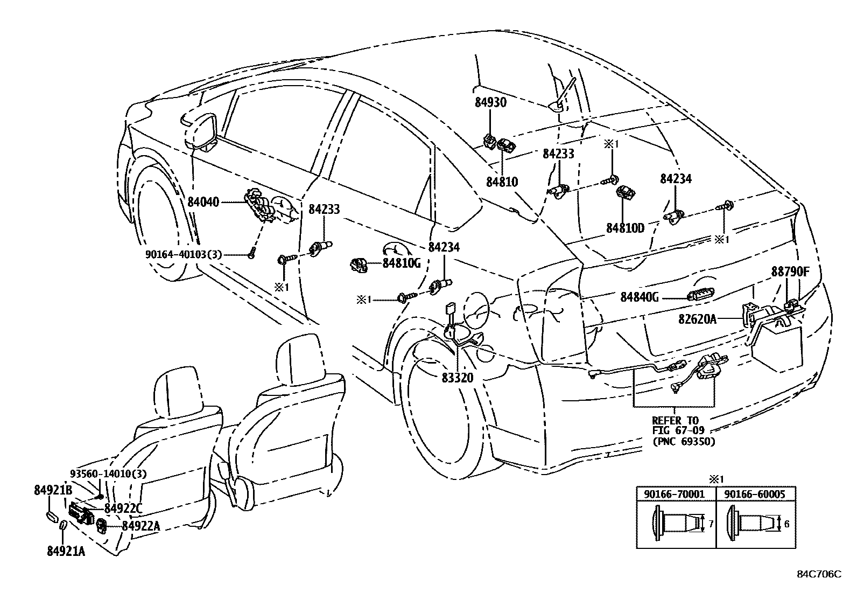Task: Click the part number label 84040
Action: tap(203, 202)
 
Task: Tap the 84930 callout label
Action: tap(490, 102)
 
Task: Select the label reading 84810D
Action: tap(625, 228)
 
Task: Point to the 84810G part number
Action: tap(402, 263)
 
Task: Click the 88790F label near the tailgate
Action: tap(790, 271)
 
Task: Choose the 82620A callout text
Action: tap(697, 319)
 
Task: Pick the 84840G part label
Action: tap(640, 297)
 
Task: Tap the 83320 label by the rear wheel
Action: tap(458, 378)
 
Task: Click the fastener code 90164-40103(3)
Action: tap(184, 254)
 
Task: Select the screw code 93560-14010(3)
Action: tap(108, 473)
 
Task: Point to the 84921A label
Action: tap(66, 551)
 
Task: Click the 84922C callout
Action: tap(123, 509)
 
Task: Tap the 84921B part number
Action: tap(53, 490)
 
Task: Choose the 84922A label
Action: tap(141, 526)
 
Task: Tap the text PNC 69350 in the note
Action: tap(684, 442)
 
